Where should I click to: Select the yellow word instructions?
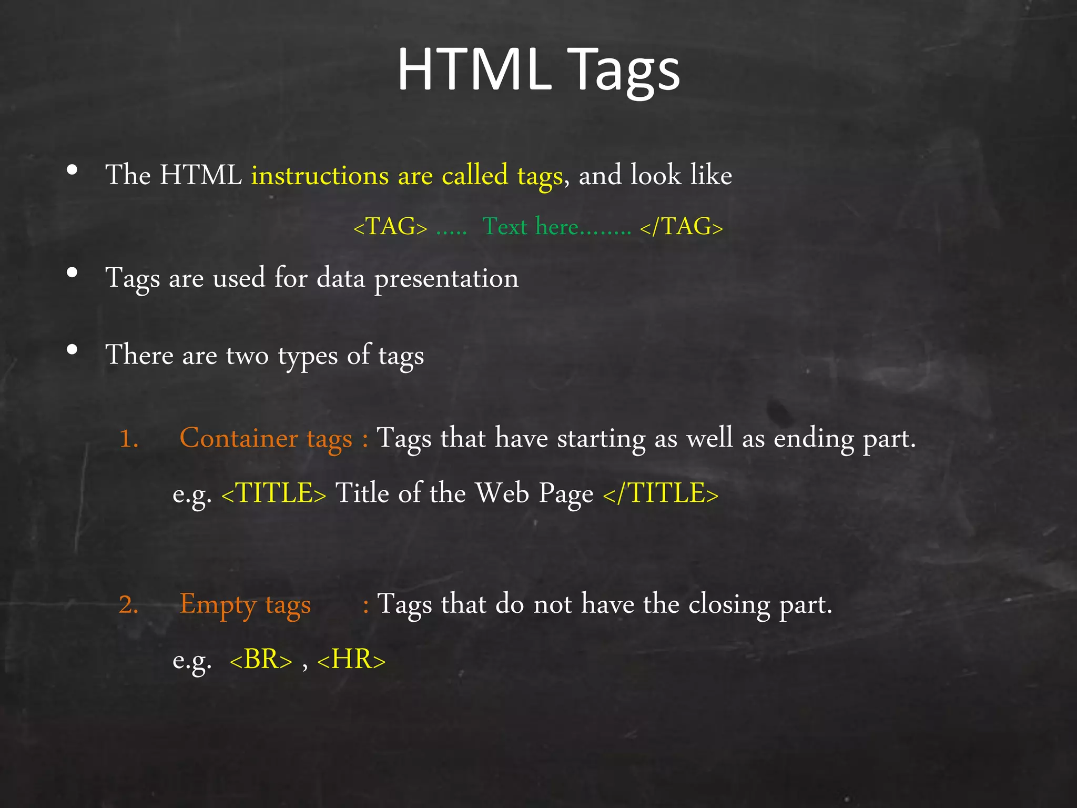[320, 175]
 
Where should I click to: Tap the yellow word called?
[475, 175]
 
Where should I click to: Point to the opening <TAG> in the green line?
[390, 227]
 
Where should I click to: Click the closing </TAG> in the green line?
[682, 227]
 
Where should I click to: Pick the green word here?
[557, 227]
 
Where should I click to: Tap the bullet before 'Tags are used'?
[73, 272]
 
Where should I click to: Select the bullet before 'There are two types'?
[73, 349]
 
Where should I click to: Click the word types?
[308, 356]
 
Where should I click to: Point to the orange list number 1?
[128, 439]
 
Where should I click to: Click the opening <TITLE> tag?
[274, 494]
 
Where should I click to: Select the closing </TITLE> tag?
[661, 494]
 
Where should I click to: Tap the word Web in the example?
[502, 493]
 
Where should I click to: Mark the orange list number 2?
[128, 604]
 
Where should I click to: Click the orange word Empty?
[218, 604]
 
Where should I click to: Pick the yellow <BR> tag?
[261, 660]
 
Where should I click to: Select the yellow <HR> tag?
[351, 660]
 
